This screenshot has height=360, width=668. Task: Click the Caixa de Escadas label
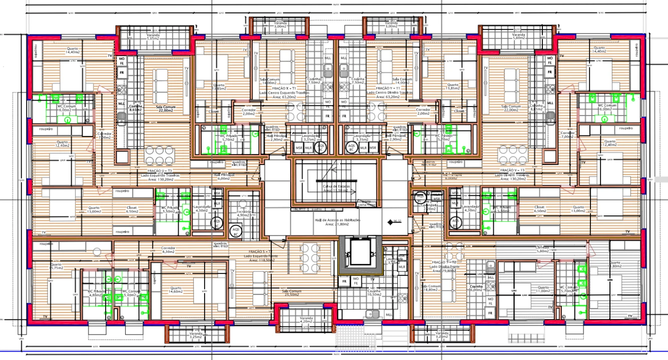pos(336,187)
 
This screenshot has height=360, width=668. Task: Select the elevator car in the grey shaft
pos(360,252)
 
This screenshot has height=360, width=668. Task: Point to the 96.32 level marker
pos(397,221)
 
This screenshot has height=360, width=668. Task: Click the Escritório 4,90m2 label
pos(244,212)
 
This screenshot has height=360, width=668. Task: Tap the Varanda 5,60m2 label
pos(518,36)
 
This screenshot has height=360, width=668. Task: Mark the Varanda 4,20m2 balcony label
pos(306,320)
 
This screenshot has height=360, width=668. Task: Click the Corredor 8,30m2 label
pos(168,250)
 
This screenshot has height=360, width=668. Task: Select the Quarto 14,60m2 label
pos(176,290)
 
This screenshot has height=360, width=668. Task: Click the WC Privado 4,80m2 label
pos(95,293)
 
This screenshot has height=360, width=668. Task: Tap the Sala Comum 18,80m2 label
pos(431,288)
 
